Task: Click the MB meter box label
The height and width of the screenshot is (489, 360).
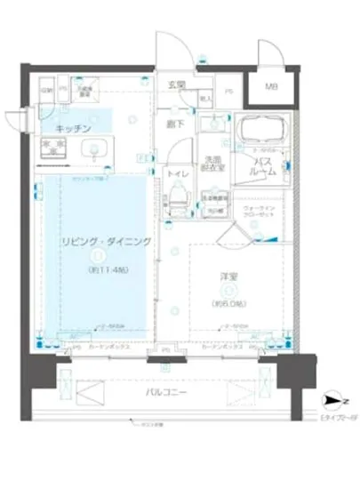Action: pyautogui.click(x=268, y=88)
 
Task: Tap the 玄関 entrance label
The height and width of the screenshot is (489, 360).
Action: pyautogui.click(x=178, y=85)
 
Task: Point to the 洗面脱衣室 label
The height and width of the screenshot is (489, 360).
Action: pyautogui.click(x=212, y=163)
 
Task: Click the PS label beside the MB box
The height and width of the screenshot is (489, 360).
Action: pyautogui.click(x=228, y=91)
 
